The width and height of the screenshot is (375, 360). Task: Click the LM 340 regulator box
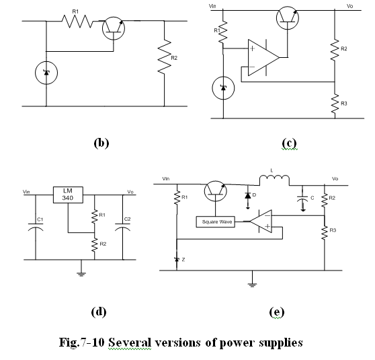coord(68,194)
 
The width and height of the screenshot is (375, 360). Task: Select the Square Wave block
coord(216,222)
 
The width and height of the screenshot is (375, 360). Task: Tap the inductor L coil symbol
coord(274,180)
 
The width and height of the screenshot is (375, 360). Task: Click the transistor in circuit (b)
coord(114,28)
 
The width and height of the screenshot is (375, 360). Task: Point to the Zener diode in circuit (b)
coord(46,73)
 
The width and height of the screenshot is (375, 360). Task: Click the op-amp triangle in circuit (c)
coord(263,57)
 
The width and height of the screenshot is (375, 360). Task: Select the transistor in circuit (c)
coord(288,18)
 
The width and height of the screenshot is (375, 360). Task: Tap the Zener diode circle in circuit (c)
coord(223,88)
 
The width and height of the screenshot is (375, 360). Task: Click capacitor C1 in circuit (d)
coord(36,227)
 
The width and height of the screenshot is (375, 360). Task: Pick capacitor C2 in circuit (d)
coord(123,227)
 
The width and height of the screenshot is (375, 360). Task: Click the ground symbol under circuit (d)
coord(81,274)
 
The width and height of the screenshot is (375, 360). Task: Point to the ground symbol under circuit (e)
coord(252,285)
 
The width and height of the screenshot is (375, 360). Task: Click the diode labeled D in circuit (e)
coord(248,196)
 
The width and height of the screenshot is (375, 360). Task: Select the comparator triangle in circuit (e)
coord(261,221)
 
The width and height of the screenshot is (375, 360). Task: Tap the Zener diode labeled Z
coord(177,259)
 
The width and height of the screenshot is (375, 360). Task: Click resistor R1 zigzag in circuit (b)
coord(77,22)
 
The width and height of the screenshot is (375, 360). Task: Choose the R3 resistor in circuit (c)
coord(335,104)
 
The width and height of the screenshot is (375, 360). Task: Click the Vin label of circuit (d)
coord(26,192)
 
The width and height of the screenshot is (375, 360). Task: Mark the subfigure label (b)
coord(101,143)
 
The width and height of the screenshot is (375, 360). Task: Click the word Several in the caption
coord(130,343)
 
